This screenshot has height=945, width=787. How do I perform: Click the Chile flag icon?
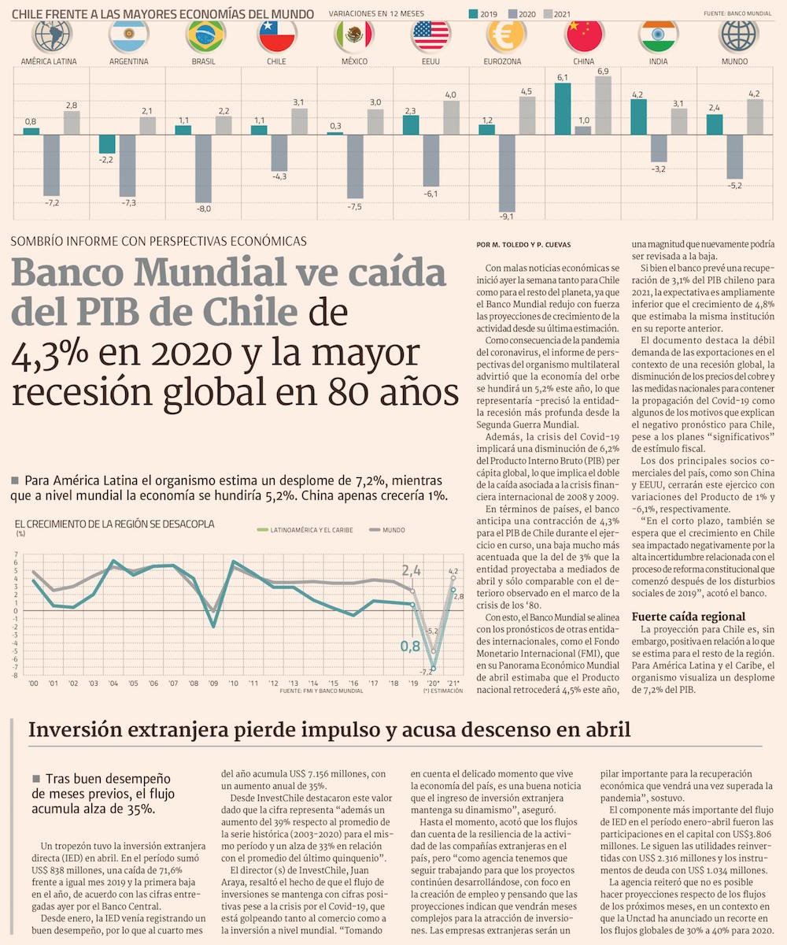[276, 35]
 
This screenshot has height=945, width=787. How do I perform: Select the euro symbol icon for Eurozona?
[507, 35]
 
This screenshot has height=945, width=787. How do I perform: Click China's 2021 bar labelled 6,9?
[604, 106]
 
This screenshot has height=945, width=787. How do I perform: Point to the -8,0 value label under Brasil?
[203, 209]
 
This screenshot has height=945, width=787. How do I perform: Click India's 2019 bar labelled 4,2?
[638, 117]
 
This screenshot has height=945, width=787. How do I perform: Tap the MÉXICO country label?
[353, 61]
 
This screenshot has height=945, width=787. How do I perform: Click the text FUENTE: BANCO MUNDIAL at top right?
[737, 13]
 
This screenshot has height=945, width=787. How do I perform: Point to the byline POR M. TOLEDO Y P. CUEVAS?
[523, 244]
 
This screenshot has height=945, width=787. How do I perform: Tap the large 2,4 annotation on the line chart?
[412, 571]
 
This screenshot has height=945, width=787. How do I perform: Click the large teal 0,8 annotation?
[410, 646]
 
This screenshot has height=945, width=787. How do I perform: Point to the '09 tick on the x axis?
[212, 683]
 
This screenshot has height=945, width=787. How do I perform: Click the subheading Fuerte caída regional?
[689, 616]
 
